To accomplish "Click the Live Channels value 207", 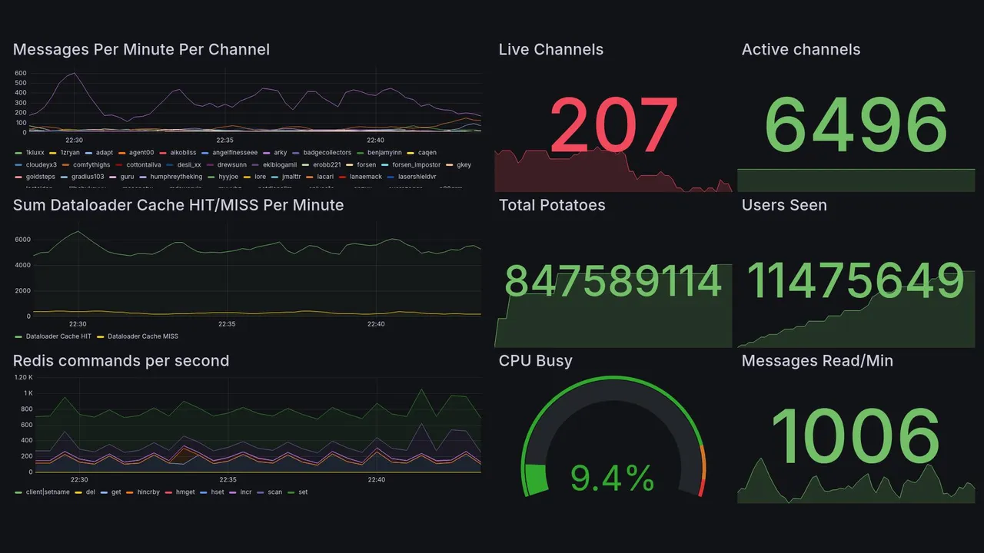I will [613, 125].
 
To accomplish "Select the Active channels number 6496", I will [856, 125].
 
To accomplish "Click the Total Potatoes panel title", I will [551, 205].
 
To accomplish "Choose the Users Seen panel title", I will [783, 205].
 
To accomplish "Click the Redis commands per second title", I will [121, 361].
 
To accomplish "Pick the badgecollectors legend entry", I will [327, 153].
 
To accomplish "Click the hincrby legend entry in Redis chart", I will [142, 492].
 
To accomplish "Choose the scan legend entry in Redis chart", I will [274, 492].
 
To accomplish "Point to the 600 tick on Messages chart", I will [21, 74].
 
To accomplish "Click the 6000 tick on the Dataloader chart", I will [22, 240].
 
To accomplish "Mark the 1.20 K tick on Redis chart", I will [23, 378].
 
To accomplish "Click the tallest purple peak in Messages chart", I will [74, 74].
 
